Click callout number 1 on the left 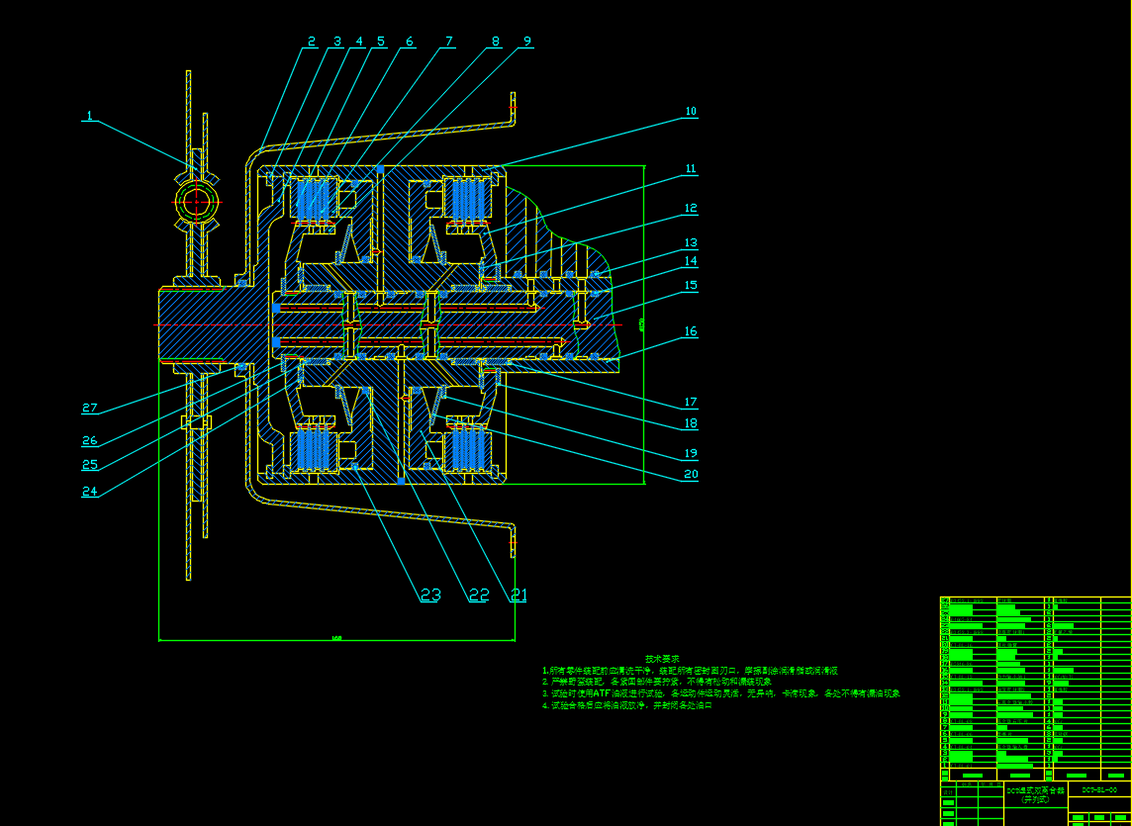(89, 116)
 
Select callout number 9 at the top (527, 42)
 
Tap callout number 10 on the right (691, 112)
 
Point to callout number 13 (691, 242)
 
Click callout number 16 (691, 331)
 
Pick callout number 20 (691, 474)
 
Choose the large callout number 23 (430, 595)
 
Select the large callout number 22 (479, 595)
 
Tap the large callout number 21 (518, 595)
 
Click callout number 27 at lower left (90, 408)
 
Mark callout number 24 (90, 492)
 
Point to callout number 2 (311, 42)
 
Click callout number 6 (409, 42)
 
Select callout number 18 (691, 423)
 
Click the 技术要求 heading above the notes (663, 659)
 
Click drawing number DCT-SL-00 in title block (1099, 790)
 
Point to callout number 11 (691, 169)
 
